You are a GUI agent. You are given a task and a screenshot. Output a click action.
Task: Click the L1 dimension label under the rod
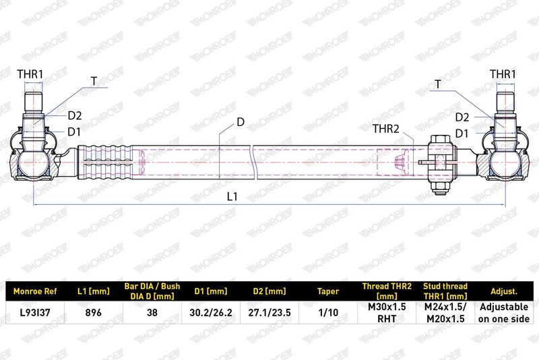[x=232, y=196]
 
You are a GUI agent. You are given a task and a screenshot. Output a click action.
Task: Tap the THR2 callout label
[x=386, y=129]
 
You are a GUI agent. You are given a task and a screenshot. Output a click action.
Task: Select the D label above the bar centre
[x=241, y=122]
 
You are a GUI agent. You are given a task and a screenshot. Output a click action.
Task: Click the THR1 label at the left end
[x=30, y=74]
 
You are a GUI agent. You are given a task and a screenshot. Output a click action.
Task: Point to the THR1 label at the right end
[x=503, y=74]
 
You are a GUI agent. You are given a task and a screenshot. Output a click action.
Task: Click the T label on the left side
[x=94, y=81]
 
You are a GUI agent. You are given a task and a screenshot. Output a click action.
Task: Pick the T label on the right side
[x=437, y=84]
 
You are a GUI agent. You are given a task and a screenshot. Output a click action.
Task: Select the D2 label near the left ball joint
[x=75, y=115]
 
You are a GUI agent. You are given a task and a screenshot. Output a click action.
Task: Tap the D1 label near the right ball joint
[x=462, y=133]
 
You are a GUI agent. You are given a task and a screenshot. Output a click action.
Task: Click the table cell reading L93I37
[x=35, y=313]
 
